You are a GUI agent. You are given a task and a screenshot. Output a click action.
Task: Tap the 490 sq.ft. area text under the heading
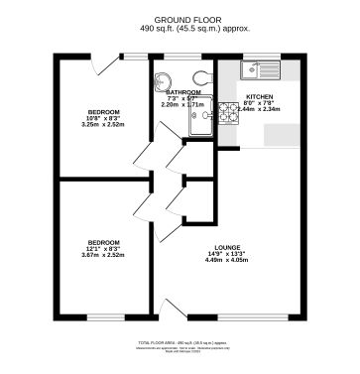pos(179,28)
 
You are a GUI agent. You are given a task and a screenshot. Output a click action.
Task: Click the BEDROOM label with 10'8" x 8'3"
pos(104,112)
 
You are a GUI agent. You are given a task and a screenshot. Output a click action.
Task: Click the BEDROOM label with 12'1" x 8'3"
pos(104,242)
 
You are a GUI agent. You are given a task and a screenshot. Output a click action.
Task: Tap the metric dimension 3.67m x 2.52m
pos(104,256)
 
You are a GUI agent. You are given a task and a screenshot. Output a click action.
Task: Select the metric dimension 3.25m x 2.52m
pos(104,126)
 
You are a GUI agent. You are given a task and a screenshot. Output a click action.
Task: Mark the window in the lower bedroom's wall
pos(104,320)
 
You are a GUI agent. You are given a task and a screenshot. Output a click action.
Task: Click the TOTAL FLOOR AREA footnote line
pos(179,341)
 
